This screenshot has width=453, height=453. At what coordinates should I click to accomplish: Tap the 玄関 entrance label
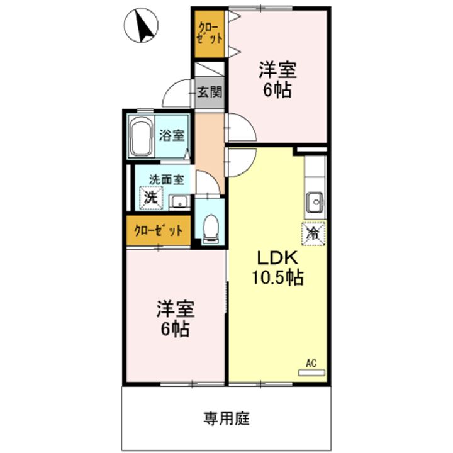[x=209, y=92]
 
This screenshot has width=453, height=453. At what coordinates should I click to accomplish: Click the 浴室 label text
[x=171, y=134]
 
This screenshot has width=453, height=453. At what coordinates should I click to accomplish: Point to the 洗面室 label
[x=166, y=179]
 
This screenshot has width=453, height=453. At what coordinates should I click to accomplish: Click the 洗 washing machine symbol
[x=150, y=197]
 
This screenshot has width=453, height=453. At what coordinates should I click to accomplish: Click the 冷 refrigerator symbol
[x=313, y=233]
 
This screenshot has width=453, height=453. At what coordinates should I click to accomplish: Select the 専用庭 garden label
[x=226, y=417]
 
